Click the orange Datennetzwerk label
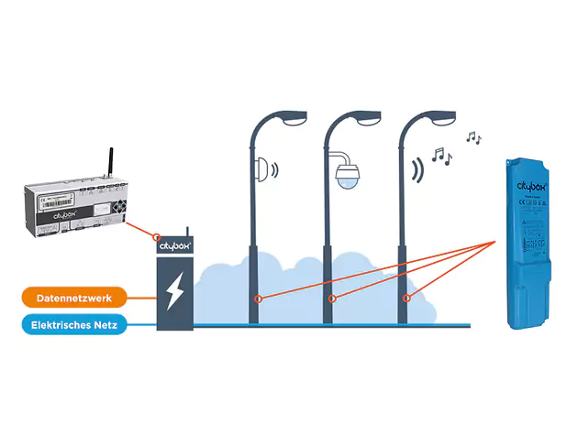[x=74, y=298]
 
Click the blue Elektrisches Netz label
[x=74, y=324]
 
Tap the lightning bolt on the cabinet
[x=174, y=291]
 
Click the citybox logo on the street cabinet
[x=174, y=246]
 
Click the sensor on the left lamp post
[x=266, y=169]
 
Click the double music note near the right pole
[x=442, y=157]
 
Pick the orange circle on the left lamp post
[x=259, y=299]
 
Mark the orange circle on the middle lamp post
[x=333, y=299]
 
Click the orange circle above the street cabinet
[x=158, y=236]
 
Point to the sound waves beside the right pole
[x=419, y=169]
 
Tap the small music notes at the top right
[x=472, y=137]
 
